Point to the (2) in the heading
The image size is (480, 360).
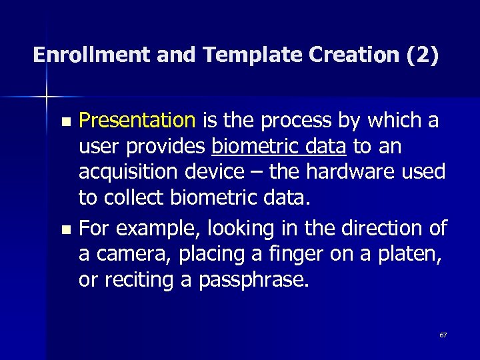[x=422, y=55]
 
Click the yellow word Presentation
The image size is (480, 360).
[x=137, y=121]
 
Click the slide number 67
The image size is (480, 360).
[x=443, y=335]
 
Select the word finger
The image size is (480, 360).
[x=279, y=255]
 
